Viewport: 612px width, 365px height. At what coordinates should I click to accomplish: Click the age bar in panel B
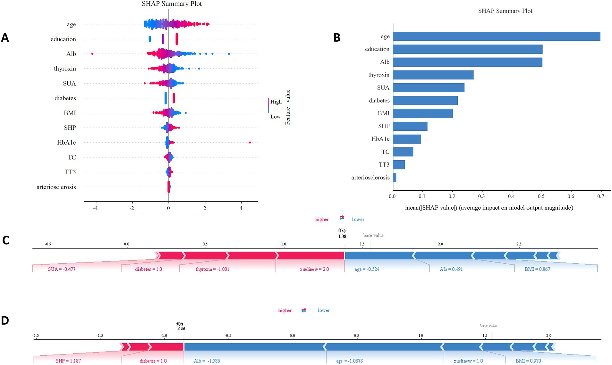click(x=497, y=36)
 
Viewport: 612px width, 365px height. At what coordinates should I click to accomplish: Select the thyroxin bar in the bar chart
click(x=433, y=75)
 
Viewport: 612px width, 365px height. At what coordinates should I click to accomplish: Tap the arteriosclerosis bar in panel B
click(x=395, y=178)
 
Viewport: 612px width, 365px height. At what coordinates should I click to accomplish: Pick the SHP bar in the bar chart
click(x=410, y=126)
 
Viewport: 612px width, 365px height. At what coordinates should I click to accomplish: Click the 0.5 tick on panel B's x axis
click(x=541, y=196)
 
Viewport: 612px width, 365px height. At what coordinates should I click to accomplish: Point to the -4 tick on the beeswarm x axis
click(x=95, y=208)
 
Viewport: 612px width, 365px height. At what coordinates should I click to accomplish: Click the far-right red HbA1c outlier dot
click(x=250, y=142)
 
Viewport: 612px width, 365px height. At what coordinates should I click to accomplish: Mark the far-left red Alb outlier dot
click(x=92, y=54)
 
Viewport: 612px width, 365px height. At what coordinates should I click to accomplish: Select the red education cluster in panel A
click(x=177, y=39)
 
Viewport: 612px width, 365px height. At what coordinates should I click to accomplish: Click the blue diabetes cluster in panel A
click(x=166, y=98)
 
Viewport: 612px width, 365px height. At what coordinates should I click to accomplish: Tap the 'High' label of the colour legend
click(x=276, y=102)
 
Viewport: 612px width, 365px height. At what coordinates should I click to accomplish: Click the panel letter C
click(x=6, y=240)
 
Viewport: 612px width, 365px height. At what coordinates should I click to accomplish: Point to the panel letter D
click(x=5, y=320)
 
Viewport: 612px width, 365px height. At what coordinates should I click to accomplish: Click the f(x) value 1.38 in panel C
click(x=342, y=236)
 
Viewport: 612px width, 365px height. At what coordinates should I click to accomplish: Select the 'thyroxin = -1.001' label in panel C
click(x=212, y=269)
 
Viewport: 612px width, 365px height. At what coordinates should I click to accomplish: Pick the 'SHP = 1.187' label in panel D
click(x=68, y=361)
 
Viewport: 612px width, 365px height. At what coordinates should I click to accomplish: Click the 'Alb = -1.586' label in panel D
click(x=207, y=361)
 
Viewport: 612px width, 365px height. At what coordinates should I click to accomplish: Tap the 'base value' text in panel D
click(x=489, y=326)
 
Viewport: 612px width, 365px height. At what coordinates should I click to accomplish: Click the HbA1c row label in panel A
click(x=66, y=143)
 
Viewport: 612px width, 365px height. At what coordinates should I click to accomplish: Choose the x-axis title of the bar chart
click(x=489, y=208)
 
